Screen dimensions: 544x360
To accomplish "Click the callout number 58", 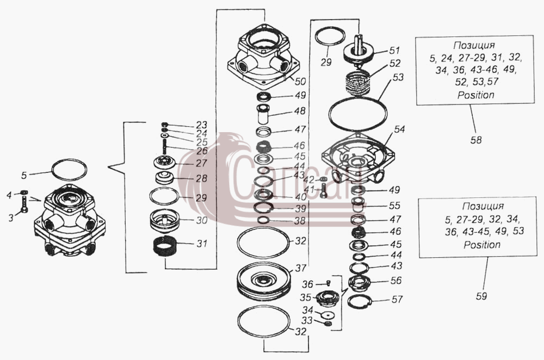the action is coord(476,140).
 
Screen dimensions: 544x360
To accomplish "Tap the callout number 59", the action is coord(481,296).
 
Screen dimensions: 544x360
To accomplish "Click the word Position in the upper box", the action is coord(475,95).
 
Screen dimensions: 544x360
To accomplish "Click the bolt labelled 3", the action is coord(24,204).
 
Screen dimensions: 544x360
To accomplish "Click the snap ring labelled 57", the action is coord(360,302).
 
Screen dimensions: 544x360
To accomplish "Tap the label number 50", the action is coord(300,81).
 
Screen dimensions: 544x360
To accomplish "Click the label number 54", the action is coord(399,129).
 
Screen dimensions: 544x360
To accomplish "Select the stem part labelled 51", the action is coord(358,49).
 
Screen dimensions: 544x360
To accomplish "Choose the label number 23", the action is coord(201,125).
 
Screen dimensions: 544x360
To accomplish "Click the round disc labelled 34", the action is coord(327,315).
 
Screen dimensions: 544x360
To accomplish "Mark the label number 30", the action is coord(202,220).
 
